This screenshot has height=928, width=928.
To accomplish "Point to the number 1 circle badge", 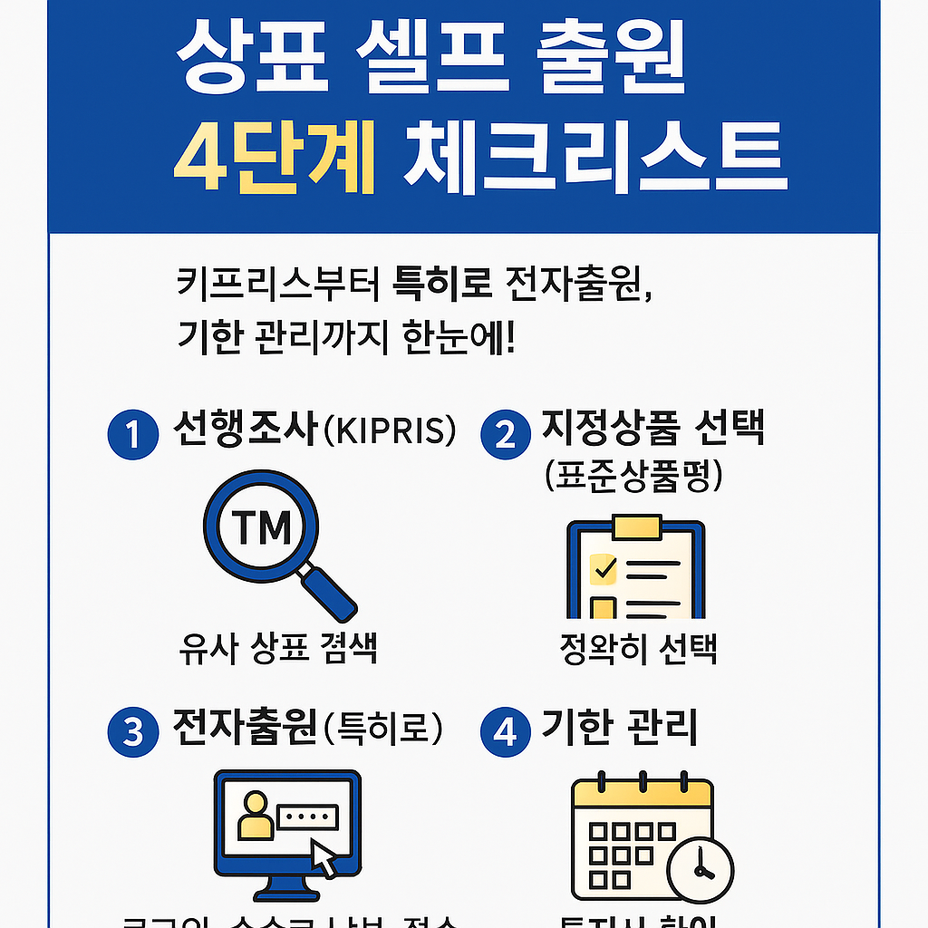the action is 133,434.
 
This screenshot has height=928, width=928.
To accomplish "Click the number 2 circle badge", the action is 505,434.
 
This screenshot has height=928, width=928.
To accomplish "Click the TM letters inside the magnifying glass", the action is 261,527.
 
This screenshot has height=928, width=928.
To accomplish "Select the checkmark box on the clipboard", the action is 603,568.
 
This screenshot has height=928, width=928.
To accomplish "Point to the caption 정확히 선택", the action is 639,649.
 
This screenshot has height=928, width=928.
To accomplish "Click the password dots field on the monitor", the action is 306,816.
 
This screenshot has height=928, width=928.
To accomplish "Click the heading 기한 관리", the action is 620,727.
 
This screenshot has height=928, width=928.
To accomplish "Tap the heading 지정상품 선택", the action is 652,428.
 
